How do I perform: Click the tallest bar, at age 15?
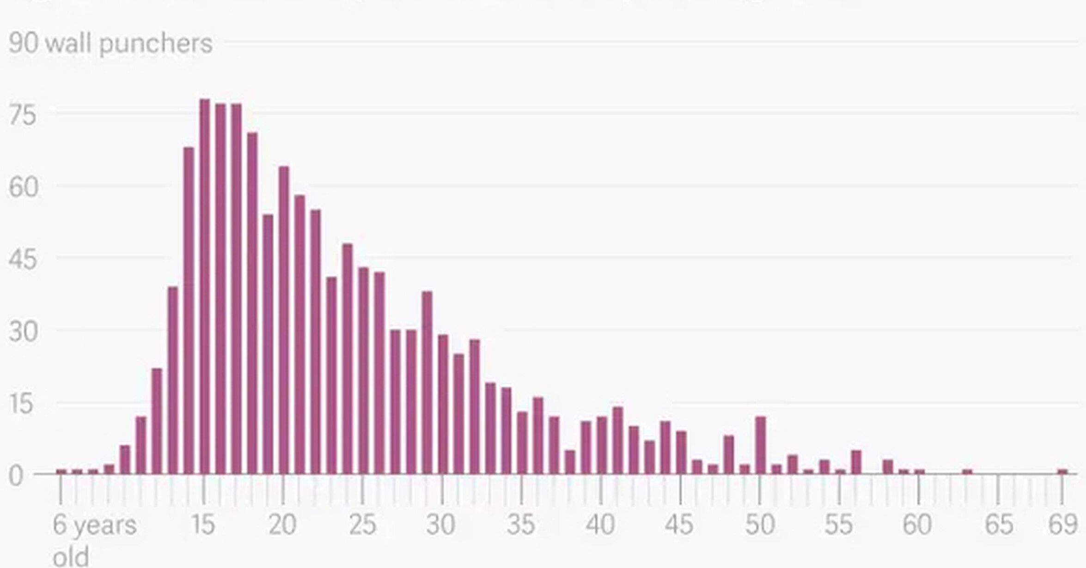204,286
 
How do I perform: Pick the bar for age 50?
760,445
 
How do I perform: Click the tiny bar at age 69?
1062,471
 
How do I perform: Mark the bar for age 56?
856,462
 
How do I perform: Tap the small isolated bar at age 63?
967,471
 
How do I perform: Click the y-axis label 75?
22,115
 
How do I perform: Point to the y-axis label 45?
22,260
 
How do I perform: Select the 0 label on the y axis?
16,476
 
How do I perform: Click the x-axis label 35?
521,525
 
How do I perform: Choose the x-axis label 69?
1062,525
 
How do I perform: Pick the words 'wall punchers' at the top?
129,44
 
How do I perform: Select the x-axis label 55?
839,525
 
